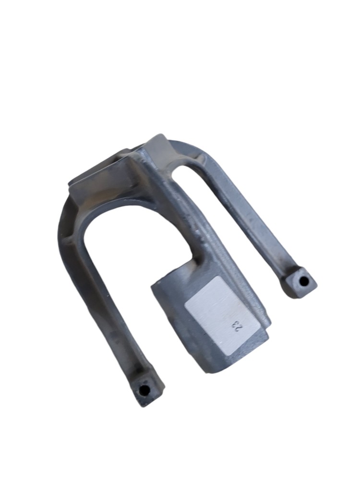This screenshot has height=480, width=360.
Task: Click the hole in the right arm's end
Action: (304, 280)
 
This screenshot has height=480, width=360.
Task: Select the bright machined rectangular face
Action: (223, 316)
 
